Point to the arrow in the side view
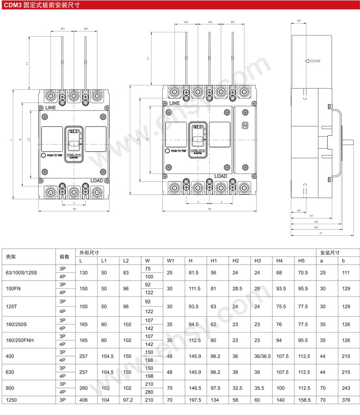tap(312, 61)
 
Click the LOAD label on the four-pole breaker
tap(221, 176)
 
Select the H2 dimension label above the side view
tap(299, 20)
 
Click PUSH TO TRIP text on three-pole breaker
tap(55, 155)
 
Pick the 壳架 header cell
tap(10, 256)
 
